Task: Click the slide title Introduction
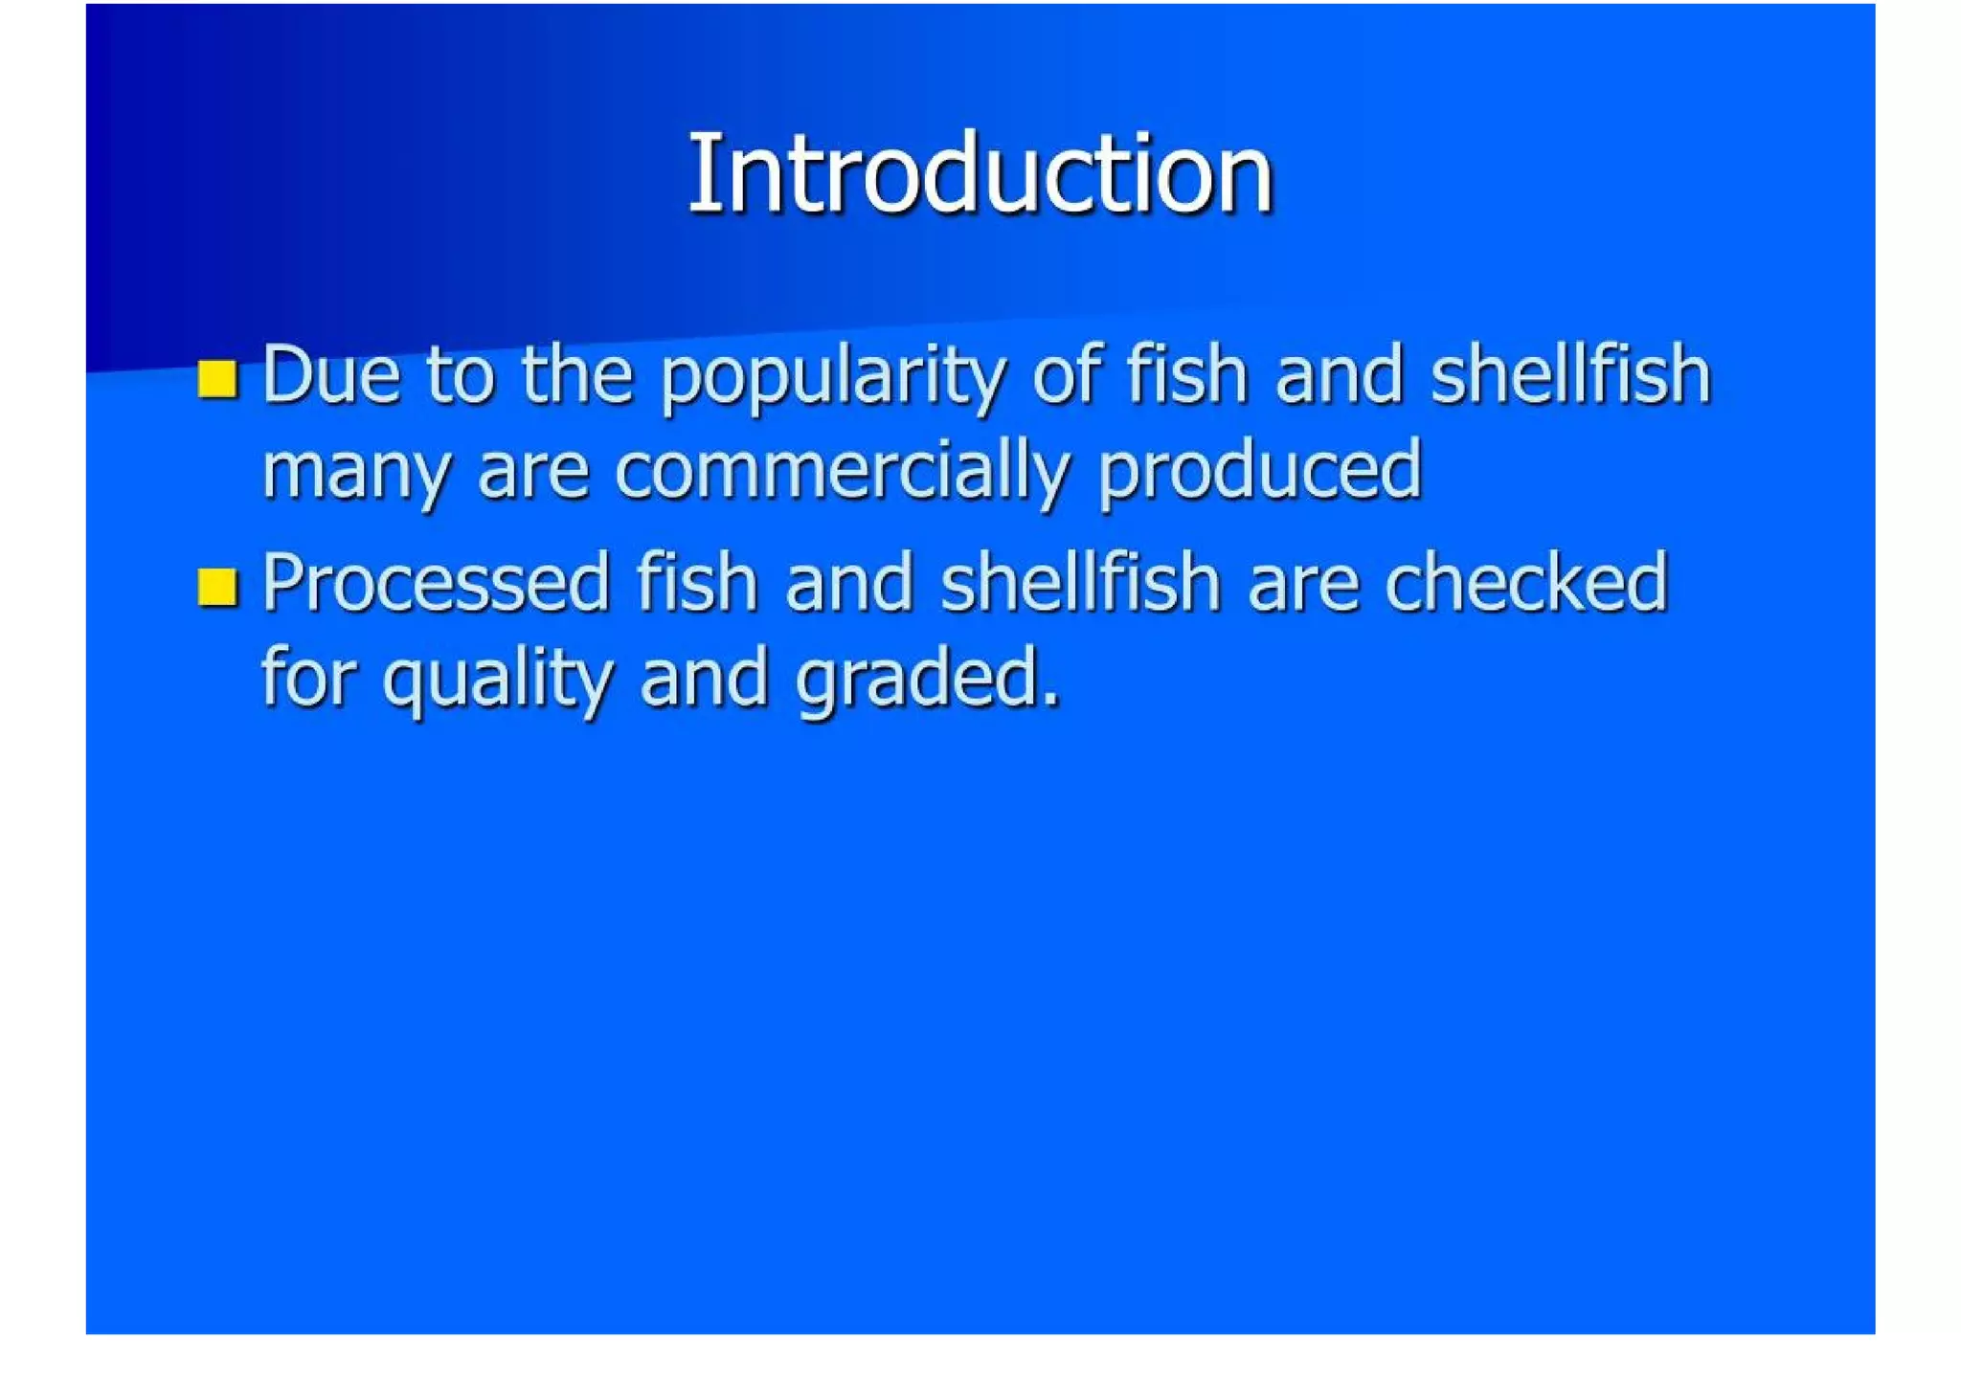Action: point(980,174)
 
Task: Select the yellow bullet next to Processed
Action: point(217,587)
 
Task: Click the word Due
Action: point(330,374)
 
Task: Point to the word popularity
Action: point(833,378)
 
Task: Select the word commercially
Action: point(841,471)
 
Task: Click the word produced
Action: point(1259,471)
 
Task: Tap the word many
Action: point(355,474)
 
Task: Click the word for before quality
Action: point(308,677)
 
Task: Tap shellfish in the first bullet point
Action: point(1570,374)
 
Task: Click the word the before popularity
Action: point(577,374)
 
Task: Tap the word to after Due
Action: point(461,374)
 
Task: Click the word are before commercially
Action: point(532,473)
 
